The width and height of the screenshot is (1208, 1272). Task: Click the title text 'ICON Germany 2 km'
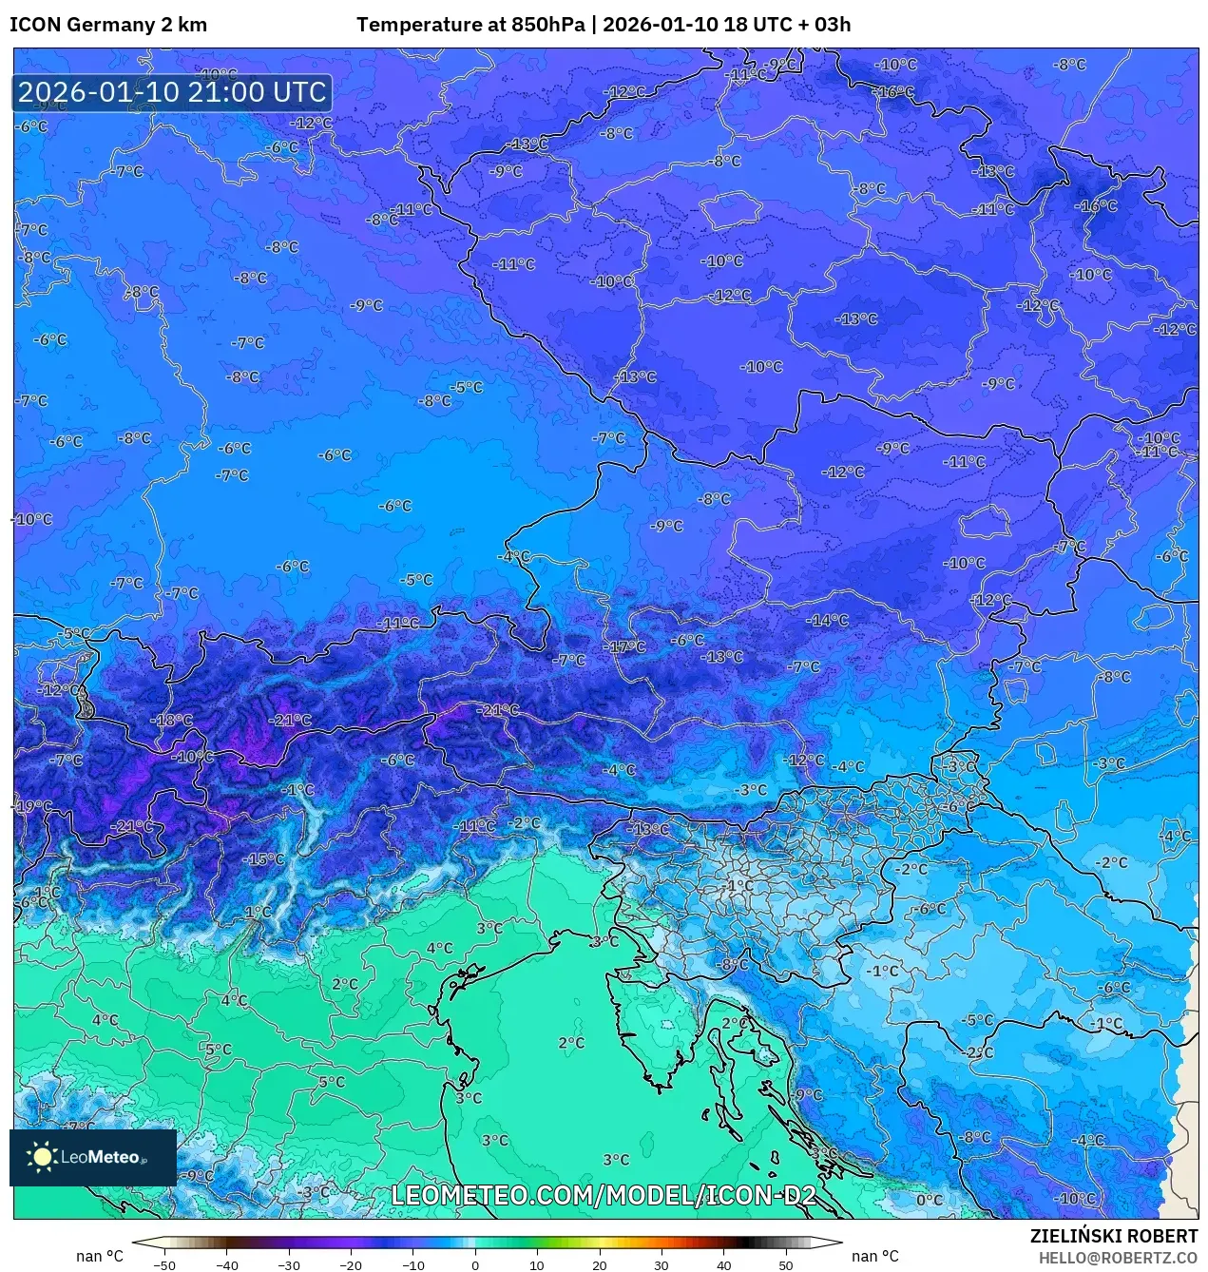point(108,25)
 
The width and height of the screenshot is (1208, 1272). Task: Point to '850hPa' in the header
point(548,25)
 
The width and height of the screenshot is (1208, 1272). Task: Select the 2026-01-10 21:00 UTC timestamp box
point(172,93)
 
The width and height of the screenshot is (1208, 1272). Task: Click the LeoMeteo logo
point(92,1157)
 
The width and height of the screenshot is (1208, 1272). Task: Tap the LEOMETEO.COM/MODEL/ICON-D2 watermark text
point(604,1195)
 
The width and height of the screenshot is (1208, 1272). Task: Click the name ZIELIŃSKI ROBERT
point(1114,1236)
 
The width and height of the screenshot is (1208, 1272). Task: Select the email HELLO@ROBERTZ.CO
point(1118,1258)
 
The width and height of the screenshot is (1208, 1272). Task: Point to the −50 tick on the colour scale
point(164,1264)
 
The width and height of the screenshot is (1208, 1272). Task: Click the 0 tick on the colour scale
point(475,1264)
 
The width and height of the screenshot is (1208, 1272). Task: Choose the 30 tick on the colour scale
point(662,1264)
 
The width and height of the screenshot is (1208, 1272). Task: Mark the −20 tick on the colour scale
point(351,1264)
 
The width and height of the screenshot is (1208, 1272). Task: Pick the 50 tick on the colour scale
point(786,1264)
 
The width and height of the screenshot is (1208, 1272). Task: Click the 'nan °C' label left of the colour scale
point(100,1257)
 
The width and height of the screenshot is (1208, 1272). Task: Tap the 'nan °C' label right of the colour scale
point(874,1257)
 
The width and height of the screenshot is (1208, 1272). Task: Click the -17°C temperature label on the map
point(627,646)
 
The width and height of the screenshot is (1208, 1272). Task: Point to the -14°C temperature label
point(828,621)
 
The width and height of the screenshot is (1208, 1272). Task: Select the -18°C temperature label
point(172,721)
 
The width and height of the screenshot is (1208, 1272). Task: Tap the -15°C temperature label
point(263,859)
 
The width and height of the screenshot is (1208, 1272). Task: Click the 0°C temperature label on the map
point(929,1200)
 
